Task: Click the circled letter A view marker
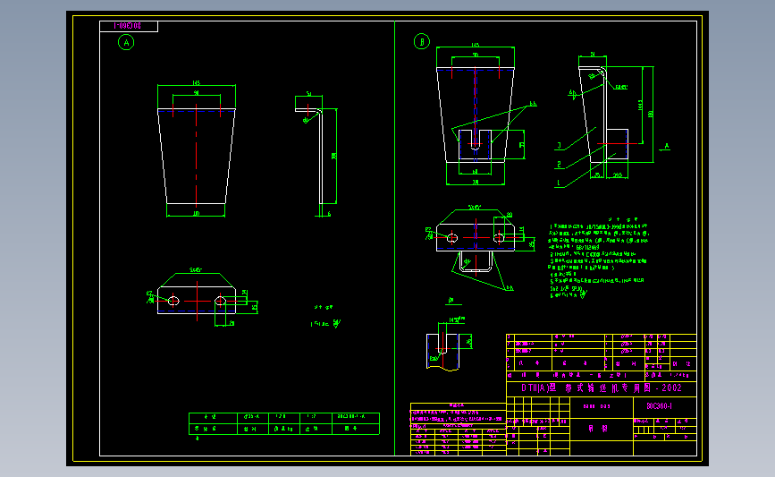(x=127, y=42)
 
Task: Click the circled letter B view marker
(x=422, y=41)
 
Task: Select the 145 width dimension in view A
(x=196, y=84)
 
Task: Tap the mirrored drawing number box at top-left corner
(x=129, y=26)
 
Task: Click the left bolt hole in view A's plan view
(x=173, y=301)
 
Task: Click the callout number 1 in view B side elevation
(x=558, y=183)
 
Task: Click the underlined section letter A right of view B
(x=666, y=145)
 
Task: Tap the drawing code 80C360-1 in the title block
(x=660, y=405)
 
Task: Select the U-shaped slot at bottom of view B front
(x=476, y=138)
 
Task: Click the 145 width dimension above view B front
(x=475, y=45)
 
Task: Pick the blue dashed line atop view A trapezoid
(x=196, y=110)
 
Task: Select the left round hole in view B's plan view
(x=451, y=237)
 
